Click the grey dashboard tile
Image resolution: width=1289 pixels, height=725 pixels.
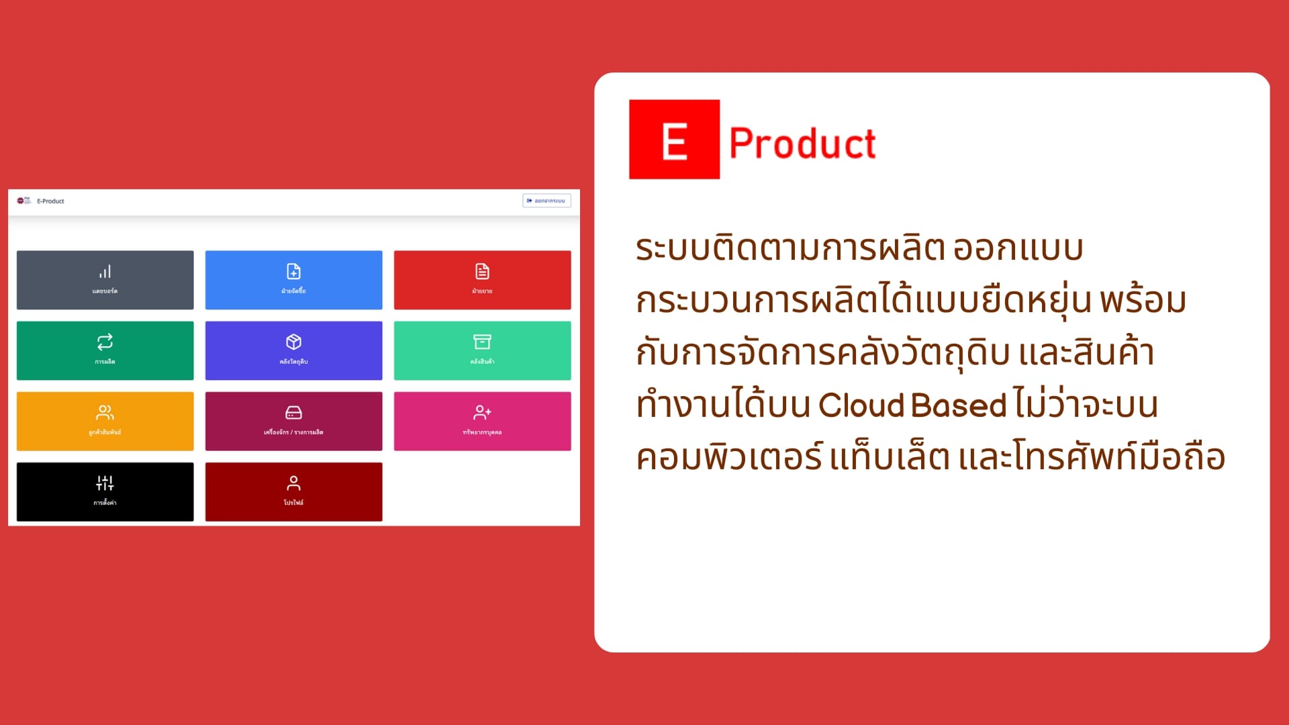pos(105,280)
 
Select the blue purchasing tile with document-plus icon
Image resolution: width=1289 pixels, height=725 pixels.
pos(293,280)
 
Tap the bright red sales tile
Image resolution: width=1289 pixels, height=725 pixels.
pos(482,280)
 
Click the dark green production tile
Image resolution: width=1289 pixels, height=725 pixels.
pos(105,350)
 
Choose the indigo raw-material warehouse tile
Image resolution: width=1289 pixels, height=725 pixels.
pos(293,350)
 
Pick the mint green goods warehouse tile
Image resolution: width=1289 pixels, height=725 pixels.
pos(482,350)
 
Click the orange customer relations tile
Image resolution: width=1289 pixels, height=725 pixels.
pos(105,421)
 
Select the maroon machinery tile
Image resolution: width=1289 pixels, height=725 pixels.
pos(293,421)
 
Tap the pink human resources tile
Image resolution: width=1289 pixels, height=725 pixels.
pos(482,421)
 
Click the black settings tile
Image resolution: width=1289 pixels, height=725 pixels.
pos(105,491)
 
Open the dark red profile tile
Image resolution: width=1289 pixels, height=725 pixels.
pos(293,491)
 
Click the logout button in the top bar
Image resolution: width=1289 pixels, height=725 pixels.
pos(546,201)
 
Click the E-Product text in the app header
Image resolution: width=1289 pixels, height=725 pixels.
pos(50,201)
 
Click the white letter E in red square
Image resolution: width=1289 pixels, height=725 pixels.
pos(674,141)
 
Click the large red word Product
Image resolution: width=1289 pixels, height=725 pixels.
pos(802,144)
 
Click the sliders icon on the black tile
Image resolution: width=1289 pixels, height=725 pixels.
pos(105,483)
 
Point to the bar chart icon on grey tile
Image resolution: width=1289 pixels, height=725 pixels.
pos(105,272)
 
